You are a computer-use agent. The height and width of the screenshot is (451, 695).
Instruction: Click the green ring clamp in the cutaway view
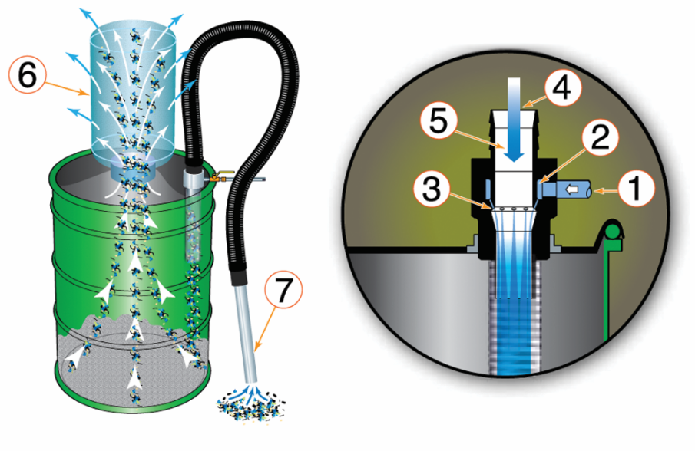(612, 229)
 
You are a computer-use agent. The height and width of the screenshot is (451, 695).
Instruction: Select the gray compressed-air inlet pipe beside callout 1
(584, 188)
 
